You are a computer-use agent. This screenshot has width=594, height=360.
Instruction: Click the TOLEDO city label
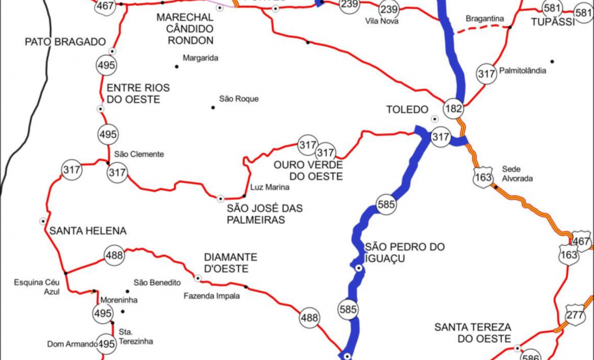point(407,109)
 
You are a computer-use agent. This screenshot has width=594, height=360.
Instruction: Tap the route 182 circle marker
point(454,108)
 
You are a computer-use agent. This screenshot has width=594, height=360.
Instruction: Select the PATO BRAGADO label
point(65,42)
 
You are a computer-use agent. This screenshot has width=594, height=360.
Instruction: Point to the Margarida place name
point(200,58)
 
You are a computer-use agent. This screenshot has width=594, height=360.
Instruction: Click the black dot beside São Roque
point(212,107)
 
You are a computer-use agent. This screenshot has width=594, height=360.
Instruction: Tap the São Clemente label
point(138,154)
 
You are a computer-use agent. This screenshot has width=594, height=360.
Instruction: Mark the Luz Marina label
point(269,187)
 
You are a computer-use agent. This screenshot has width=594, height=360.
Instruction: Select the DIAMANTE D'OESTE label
point(230,262)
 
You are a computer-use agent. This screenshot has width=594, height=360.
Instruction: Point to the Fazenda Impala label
point(211,296)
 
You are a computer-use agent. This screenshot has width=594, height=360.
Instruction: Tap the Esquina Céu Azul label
point(38,287)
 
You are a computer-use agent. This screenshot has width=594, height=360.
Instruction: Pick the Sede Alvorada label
point(517,173)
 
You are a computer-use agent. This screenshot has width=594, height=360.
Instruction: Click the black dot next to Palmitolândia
point(552,62)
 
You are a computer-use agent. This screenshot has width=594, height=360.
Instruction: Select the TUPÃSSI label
point(552,23)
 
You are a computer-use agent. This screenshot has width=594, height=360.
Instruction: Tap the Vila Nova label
point(382,21)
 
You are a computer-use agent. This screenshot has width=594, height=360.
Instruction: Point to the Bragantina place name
point(485,19)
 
